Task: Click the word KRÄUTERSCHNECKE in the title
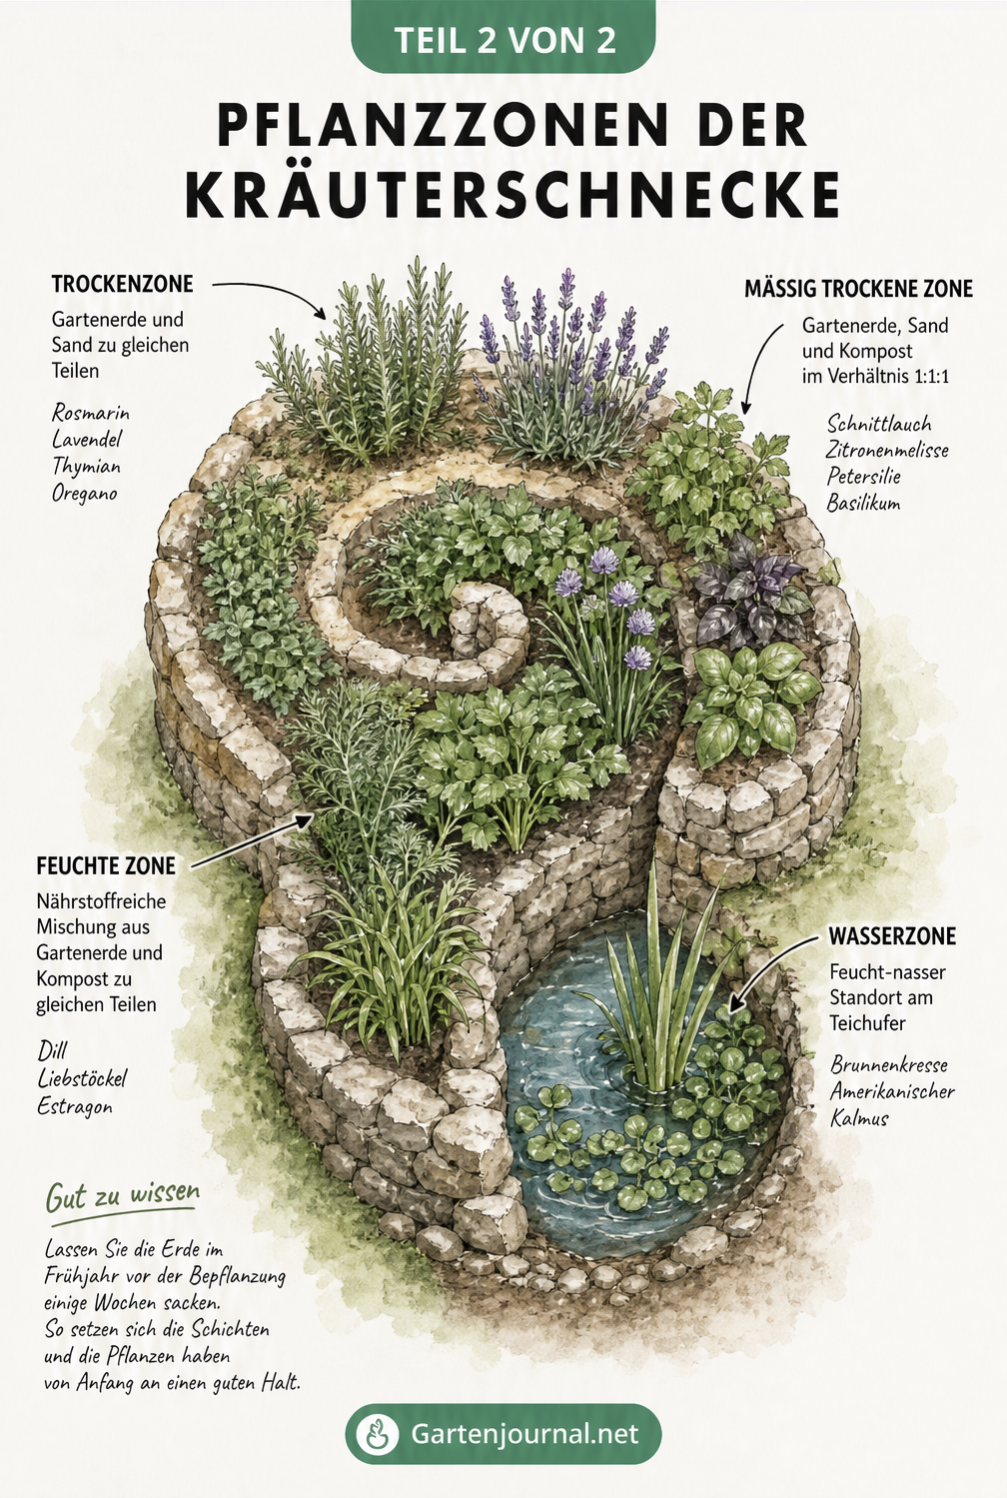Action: [512, 195]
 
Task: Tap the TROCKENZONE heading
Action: [122, 284]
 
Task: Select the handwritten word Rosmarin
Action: [91, 413]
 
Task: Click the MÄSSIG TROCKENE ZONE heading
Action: [858, 289]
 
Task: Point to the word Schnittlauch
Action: [878, 424]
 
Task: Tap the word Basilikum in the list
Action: [863, 503]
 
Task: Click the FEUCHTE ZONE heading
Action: [106, 866]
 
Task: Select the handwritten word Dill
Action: [52, 1050]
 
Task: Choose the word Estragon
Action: [75, 1106]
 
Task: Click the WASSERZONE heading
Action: [893, 936]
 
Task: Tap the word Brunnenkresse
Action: [889, 1064]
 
